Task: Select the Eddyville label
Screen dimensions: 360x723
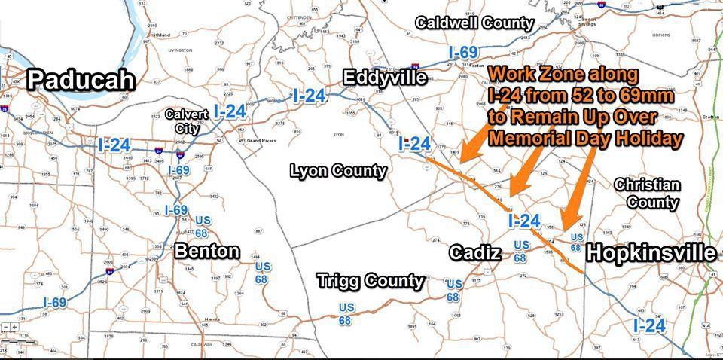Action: point(385,77)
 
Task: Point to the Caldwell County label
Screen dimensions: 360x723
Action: point(474,23)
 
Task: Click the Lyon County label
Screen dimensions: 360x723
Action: point(338,171)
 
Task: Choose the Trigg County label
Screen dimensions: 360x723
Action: point(370,281)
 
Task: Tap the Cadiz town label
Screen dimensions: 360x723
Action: point(475,253)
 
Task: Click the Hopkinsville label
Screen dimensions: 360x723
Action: point(651,253)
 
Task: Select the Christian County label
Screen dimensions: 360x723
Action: point(647,194)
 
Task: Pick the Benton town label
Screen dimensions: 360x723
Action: point(207,251)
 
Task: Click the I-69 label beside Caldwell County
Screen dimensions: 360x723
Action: point(463,53)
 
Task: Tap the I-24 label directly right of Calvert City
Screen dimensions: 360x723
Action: point(229,111)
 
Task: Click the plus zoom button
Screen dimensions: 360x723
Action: point(14,327)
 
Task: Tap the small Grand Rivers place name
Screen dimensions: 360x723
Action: point(258,141)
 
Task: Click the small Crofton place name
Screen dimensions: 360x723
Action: point(710,117)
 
